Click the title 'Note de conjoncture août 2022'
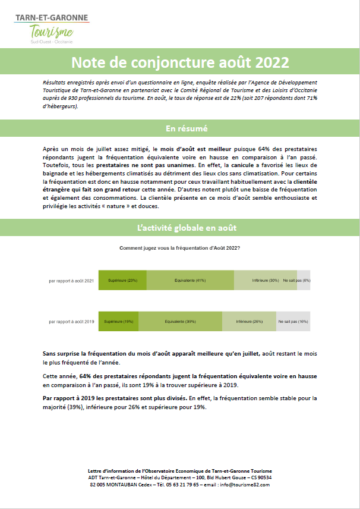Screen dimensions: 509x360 click(180, 62)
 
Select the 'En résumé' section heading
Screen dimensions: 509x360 click(180, 128)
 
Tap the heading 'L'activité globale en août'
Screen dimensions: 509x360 click(180, 228)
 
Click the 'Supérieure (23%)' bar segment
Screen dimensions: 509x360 click(122, 280)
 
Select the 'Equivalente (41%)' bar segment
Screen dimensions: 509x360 click(190, 280)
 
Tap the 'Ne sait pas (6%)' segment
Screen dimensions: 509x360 click(303, 280)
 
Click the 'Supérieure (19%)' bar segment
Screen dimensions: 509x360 click(118, 321)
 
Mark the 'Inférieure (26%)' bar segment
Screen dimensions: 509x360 click(249, 321)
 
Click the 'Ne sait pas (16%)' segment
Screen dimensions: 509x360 click(293, 321)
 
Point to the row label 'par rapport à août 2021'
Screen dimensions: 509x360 click(71, 280)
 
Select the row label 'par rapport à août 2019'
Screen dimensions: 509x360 click(71, 321)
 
